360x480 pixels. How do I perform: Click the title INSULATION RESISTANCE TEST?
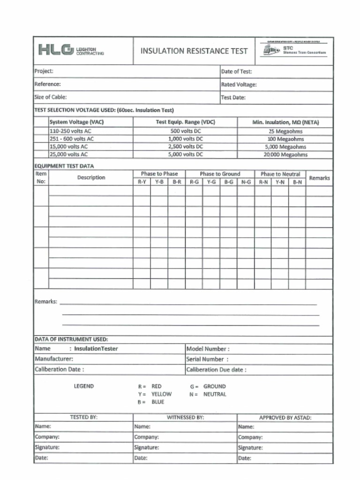point(194,51)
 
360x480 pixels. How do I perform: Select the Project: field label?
point(44,71)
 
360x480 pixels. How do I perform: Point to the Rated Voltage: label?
point(239,85)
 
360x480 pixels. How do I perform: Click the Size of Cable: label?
point(51,97)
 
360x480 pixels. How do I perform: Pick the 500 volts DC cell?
point(185,131)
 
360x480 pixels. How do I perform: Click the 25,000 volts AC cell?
point(68,154)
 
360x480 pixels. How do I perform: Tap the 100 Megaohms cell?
point(285,139)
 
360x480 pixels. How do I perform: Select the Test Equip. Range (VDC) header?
point(185,122)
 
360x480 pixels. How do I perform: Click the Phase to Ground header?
point(220,174)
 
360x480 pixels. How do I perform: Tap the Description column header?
point(91,178)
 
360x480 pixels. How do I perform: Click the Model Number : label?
point(208,349)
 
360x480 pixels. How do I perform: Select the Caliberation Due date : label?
point(216,369)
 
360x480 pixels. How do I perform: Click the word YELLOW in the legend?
point(161,394)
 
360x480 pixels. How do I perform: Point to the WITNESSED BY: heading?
point(185,417)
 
